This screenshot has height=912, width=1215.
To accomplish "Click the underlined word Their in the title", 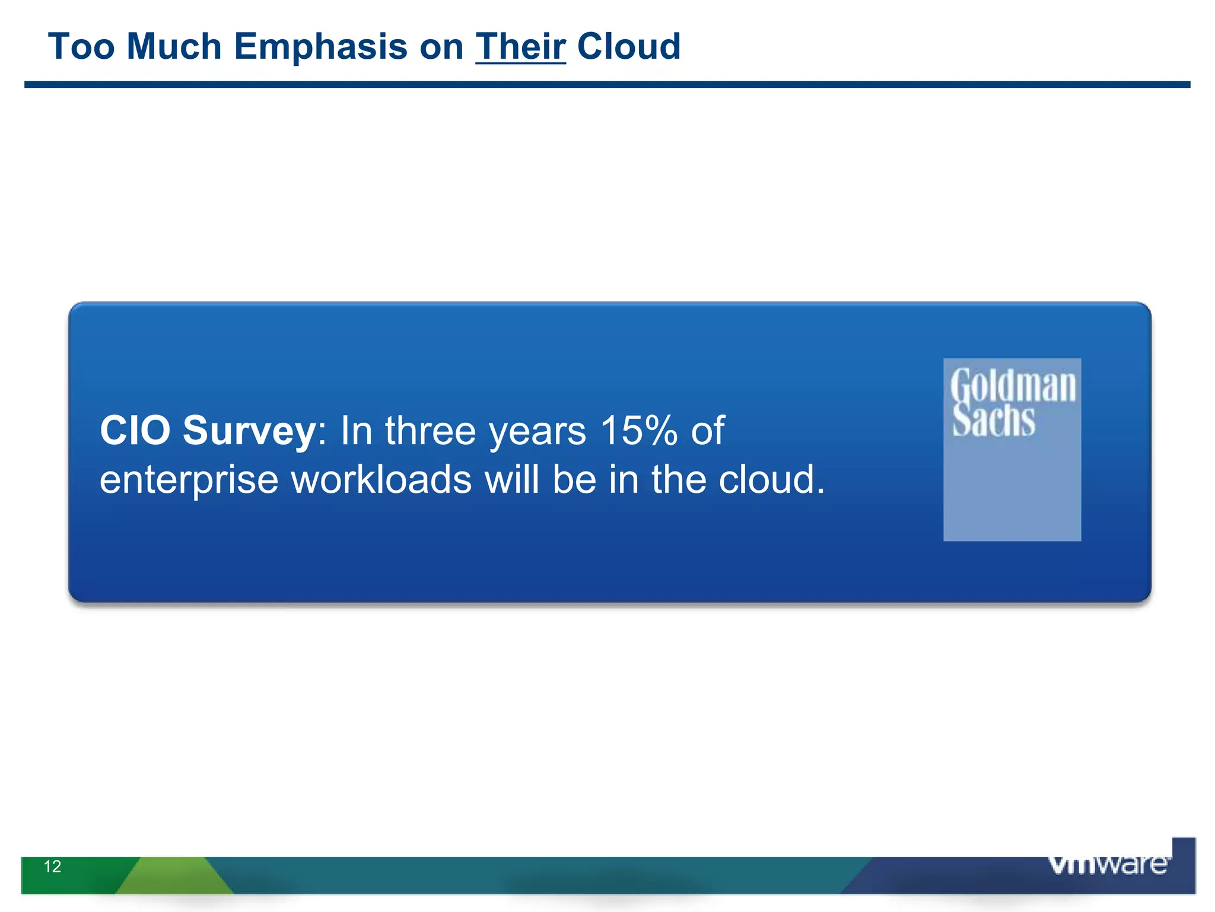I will click(520, 46).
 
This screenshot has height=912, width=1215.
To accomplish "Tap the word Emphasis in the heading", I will click(320, 46).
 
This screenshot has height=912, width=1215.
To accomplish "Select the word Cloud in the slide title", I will click(629, 46).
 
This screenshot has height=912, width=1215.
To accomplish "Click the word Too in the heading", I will click(81, 46).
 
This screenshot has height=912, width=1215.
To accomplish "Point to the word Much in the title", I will click(174, 46).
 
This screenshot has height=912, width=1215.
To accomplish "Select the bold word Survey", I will click(249, 432).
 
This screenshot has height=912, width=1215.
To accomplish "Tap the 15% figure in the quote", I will click(638, 430).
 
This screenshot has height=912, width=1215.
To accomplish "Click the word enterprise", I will click(189, 480).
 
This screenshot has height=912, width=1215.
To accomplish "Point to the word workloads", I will click(381, 479).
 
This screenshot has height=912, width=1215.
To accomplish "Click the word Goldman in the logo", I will click(1013, 386).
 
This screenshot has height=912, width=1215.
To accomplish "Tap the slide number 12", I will click(52, 866).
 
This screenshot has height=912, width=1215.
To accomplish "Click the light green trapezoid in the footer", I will click(174, 875).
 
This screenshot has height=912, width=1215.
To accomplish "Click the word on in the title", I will click(441, 46).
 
